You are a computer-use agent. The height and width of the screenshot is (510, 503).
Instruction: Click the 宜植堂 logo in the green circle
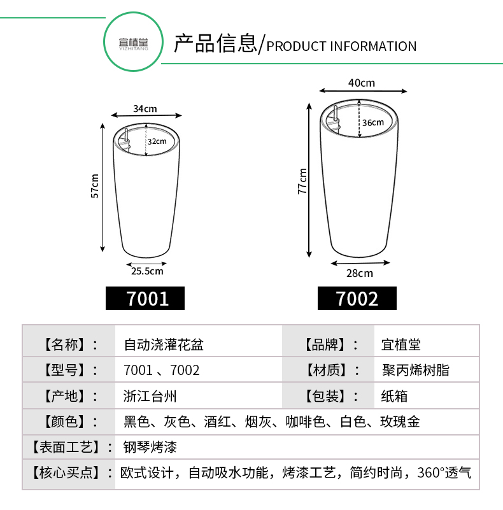[x=134, y=43]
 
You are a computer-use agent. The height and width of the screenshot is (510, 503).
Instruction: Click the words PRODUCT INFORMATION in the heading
[x=341, y=46]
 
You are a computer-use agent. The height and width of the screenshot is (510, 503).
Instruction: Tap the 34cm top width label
[x=145, y=109]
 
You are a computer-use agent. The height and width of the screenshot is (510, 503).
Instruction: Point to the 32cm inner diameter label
[x=157, y=141]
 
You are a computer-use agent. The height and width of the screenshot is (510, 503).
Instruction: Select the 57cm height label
[x=95, y=186]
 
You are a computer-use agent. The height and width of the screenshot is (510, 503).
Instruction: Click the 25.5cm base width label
[x=147, y=271]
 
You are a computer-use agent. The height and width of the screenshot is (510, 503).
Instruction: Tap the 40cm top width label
[x=362, y=83]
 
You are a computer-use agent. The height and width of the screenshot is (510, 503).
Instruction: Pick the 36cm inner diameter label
[x=373, y=123]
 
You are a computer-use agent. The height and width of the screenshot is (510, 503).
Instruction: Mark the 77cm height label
[x=302, y=181]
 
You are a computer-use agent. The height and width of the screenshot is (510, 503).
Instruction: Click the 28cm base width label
[x=360, y=273]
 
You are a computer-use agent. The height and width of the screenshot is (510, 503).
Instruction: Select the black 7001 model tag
[x=145, y=298]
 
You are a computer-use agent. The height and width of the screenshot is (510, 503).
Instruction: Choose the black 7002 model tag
[x=357, y=298]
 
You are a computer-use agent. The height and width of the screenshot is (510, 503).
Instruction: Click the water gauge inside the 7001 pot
[x=126, y=140]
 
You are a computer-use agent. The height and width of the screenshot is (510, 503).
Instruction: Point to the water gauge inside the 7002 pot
[x=336, y=118]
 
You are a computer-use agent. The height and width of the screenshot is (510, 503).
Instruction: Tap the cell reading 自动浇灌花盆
[x=164, y=344]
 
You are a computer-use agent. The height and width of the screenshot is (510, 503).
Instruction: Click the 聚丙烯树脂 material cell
[x=416, y=370]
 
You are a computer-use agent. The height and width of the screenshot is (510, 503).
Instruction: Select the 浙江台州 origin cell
[x=150, y=396]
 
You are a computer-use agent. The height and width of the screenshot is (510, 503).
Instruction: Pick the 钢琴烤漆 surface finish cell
[x=150, y=447]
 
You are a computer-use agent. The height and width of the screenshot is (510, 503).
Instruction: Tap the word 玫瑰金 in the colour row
[x=400, y=422]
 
